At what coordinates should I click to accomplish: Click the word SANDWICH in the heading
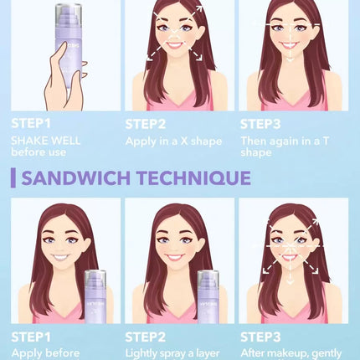(x=75, y=177)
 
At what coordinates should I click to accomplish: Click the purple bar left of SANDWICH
(x=13, y=178)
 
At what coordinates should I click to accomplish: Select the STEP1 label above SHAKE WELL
(x=31, y=123)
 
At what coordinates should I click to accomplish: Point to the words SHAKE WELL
(x=45, y=141)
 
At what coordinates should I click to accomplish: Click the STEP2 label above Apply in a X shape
(x=146, y=124)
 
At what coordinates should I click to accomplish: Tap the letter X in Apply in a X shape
(x=184, y=141)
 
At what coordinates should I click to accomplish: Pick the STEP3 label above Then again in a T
(x=260, y=124)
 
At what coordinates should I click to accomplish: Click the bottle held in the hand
(x=69, y=44)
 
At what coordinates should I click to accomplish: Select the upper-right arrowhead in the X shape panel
(x=199, y=8)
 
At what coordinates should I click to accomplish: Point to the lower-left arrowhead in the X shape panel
(x=150, y=57)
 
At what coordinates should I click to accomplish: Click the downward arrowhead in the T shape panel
(x=291, y=59)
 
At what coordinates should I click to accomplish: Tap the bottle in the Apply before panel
(x=95, y=296)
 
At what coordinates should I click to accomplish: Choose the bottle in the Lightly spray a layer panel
(x=208, y=296)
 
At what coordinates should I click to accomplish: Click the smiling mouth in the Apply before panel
(x=60, y=257)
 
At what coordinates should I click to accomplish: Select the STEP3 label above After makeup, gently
(x=260, y=337)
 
